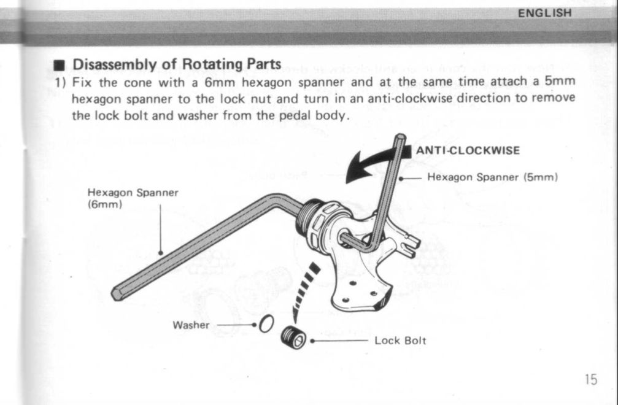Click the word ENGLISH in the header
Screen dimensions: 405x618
tap(545, 12)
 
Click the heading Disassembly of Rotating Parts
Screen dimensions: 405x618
tap(177, 64)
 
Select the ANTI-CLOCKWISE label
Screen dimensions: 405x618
tap(468, 150)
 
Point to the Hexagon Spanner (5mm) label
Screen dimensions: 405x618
tap(492, 178)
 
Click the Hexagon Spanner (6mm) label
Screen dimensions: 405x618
tap(133, 198)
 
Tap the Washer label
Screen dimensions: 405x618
tap(191, 325)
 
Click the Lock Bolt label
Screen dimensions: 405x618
tap(400, 340)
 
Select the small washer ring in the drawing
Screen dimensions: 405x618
tap(265, 323)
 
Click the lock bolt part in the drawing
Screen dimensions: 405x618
tap(293, 337)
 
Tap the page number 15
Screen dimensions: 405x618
tap(590, 379)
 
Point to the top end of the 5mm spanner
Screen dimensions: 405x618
tap(400, 139)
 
